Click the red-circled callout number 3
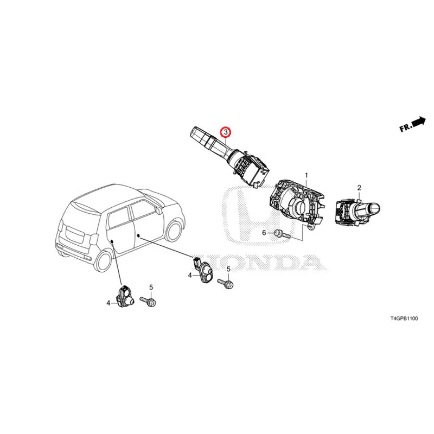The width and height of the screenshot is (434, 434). (x=226, y=132)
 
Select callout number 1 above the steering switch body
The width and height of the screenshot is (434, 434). (x=307, y=175)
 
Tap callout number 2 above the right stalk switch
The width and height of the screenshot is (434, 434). (x=359, y=188)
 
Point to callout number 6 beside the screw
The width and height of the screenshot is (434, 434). (x=264, y=233)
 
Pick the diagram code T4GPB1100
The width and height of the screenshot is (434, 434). (x=404, y=318)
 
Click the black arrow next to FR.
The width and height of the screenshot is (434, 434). (x=418, y=122)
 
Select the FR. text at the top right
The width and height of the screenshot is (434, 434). (x=406, y=128)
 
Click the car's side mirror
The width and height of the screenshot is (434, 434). (x=158, y=210)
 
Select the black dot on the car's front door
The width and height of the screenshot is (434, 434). (x=138, y=236)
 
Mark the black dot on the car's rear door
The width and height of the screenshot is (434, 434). (x=112, y=241)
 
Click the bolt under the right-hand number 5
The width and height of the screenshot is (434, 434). (x=225, y=283)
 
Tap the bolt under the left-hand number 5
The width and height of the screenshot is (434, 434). (x=148, y=302)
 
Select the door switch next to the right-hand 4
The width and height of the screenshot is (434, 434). (x=203, y=270)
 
